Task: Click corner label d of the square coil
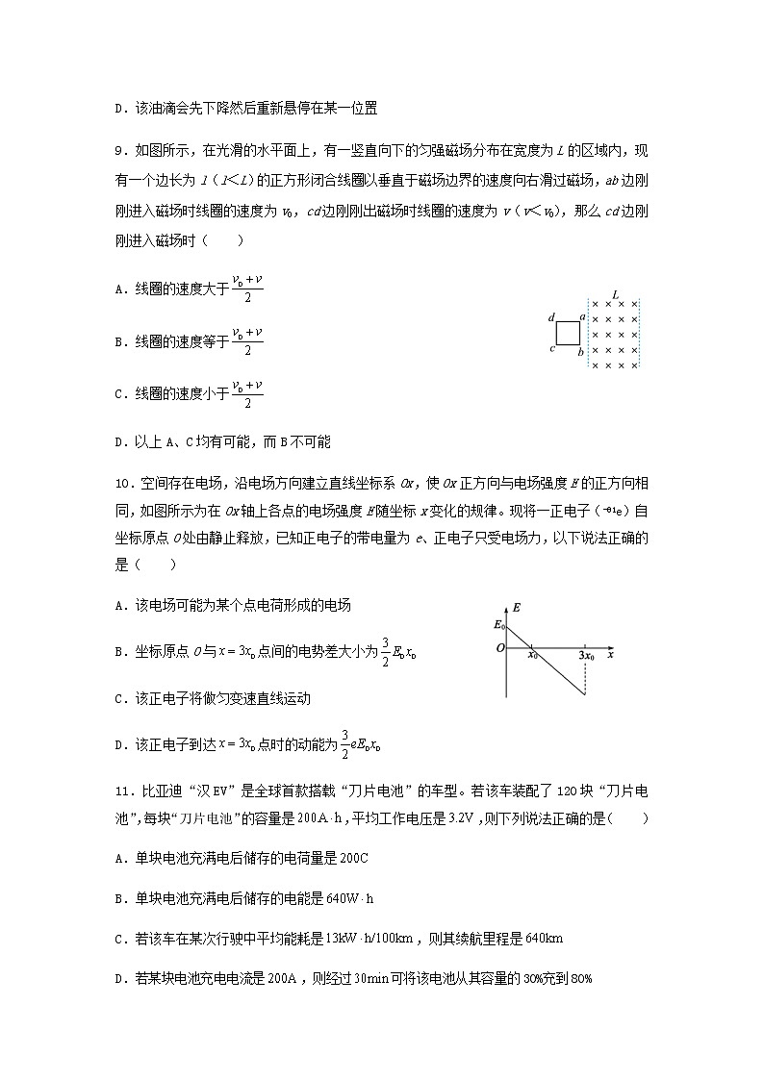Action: (551, 316)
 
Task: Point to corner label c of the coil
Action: (551, 348)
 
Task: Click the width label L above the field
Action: (615, 294)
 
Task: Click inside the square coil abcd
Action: (567, 333)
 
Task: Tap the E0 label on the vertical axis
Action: (498, 625)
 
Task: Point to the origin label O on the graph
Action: (499, 648)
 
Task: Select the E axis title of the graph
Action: (517, 608)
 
